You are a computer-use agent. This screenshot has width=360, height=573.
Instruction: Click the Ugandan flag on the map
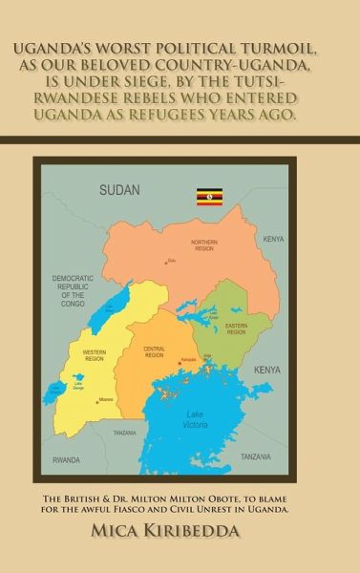[x=209, y=197]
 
